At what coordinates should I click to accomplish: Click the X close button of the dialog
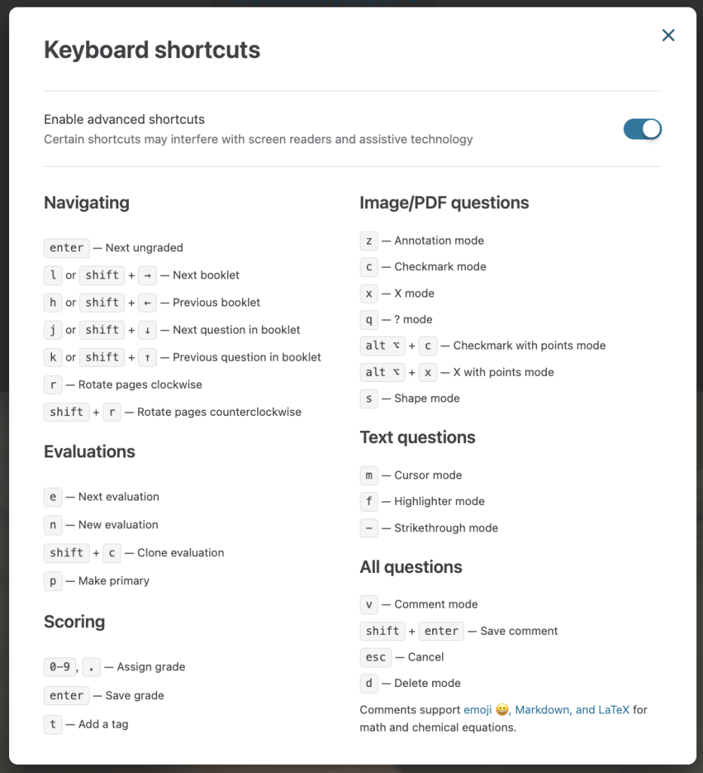[x=668, y=35]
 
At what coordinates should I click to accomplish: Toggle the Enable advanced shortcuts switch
[x=642, y=129]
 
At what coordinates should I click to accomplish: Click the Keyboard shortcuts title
[x=152, y=50]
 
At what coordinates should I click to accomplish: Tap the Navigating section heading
[x=87, y=202]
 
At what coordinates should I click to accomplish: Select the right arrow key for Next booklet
[x=148, y=276]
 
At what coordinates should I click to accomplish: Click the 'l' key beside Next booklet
[x=53, y=276]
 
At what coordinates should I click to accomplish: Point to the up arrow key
[x=148, y=357]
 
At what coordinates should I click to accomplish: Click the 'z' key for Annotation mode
[x=369, y=241]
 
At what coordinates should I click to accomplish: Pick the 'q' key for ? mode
[x=369, y=319]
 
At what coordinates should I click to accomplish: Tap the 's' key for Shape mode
[x=369, y=399]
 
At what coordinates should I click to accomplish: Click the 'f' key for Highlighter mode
[x=369, y=501]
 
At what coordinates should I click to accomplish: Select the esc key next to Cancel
[x=376, y=658]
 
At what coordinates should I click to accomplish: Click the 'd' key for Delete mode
[x=369, y=683]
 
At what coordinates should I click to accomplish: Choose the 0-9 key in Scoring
[x=59, y=667]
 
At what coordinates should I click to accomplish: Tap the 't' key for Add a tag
[x=53, y=725]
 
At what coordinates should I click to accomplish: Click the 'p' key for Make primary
[x=53, y=581]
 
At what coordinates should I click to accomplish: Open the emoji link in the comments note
[x=477, y=710]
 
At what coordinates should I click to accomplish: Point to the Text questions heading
[x=417, y=437]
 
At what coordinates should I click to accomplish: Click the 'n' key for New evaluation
[x=53, y=525]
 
